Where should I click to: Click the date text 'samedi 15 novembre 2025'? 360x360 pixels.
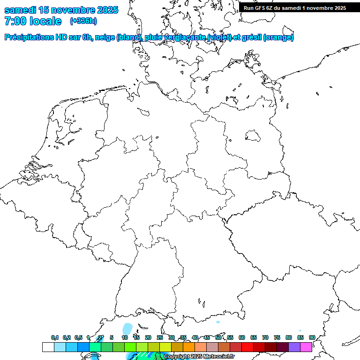pyautogui.click(x=61, y=10)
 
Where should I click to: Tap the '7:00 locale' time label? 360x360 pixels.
pyautogui.click(x=33, y=21)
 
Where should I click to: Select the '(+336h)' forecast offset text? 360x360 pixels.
pyautogui.click(x=83, y=21)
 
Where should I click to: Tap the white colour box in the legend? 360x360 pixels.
pyautogui.click(x=48, y=347)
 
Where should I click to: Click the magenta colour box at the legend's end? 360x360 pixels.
pyautogui.click(x=306, y=347)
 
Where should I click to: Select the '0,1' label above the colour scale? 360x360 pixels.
pyautogui.click(x=55, y=337)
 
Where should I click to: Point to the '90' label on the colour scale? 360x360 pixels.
pyautogui.click(x=312, y=337)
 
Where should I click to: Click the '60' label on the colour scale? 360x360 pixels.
pyautogui.click(x=242, y=337)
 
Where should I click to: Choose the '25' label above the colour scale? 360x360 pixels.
pyautogui.click(x=160, y=337)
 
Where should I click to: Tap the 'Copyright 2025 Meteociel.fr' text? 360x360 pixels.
pyautogui.click(x=199, y=357)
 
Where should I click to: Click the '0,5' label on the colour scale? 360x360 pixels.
pyautogui.click(x=78, y=337)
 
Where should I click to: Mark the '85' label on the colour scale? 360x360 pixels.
pyautogui.click(x=300, y=337)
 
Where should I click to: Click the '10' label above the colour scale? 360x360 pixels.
pyautogui.click(x=125, y=337)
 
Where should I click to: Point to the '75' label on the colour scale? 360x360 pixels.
pyautogui.click(x=277, y=337)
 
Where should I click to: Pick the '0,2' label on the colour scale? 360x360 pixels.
pyautogui.click(x=67, y=337)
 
